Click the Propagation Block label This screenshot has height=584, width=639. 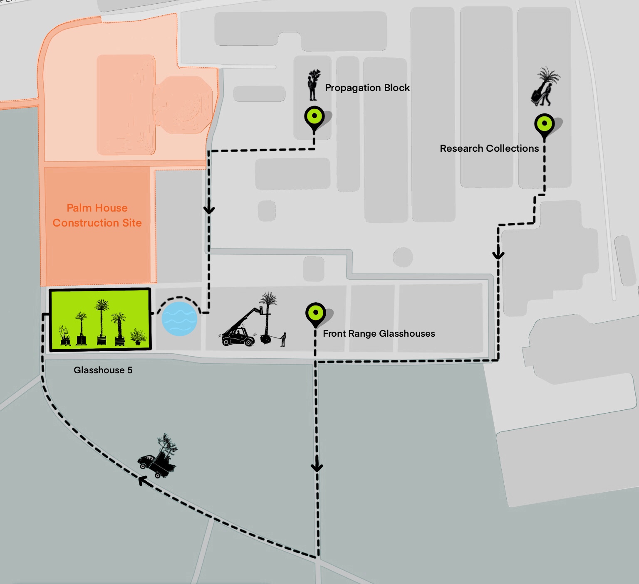pos(367,88)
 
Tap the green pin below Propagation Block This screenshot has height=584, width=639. pos(315,117)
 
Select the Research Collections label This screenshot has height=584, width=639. pos(489,148)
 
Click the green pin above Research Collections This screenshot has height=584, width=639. pos(544,124)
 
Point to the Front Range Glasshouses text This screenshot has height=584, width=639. pos(379,333)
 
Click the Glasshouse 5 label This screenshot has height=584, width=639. pos(103,370)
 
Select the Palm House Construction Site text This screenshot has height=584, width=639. pos(97,215)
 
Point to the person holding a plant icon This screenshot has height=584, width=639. pos(313,85)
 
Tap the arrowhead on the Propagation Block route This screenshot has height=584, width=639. pos(209,209)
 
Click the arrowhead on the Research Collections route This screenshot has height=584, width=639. pos(498,254)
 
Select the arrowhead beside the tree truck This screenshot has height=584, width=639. pos(142,481)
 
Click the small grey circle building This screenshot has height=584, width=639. pos(402,257)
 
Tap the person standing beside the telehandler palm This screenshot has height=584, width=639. pos(283,339)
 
